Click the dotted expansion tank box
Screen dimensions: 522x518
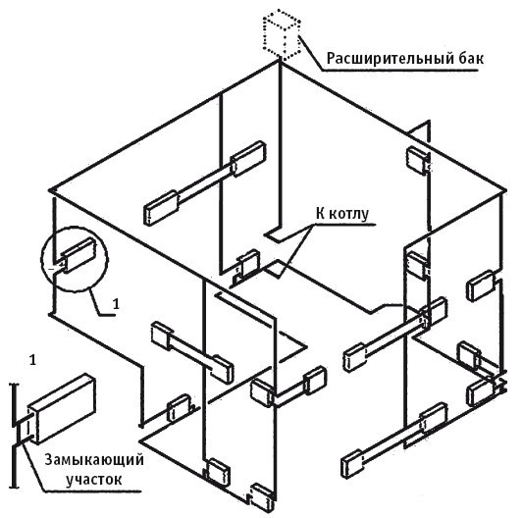(x=282, y=35)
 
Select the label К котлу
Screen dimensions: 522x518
(x=342, y=214)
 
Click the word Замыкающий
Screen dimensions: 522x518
(x=94, y=461)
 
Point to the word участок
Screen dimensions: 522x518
(x=94, y=480)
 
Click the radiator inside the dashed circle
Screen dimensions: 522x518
(x=78, y=255)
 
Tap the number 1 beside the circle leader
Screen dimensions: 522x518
(x=116, y=304)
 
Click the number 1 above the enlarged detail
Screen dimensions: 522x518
(x=32, y=360)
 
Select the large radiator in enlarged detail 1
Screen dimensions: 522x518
(x=62, y=408)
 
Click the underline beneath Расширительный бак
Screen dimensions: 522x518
(x=399, y=71)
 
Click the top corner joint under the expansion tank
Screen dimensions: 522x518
(x=280, y=62)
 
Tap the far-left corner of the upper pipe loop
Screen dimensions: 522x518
(x=50, y=190)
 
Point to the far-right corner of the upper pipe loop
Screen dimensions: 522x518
(x=505, y=191)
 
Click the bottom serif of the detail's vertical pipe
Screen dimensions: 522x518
(x=14, y=488)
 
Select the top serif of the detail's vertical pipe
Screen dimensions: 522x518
(x=14, y=386)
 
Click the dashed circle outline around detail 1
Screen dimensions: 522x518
(x=75, y=227)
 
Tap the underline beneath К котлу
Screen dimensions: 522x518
(x=342, y=225)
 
